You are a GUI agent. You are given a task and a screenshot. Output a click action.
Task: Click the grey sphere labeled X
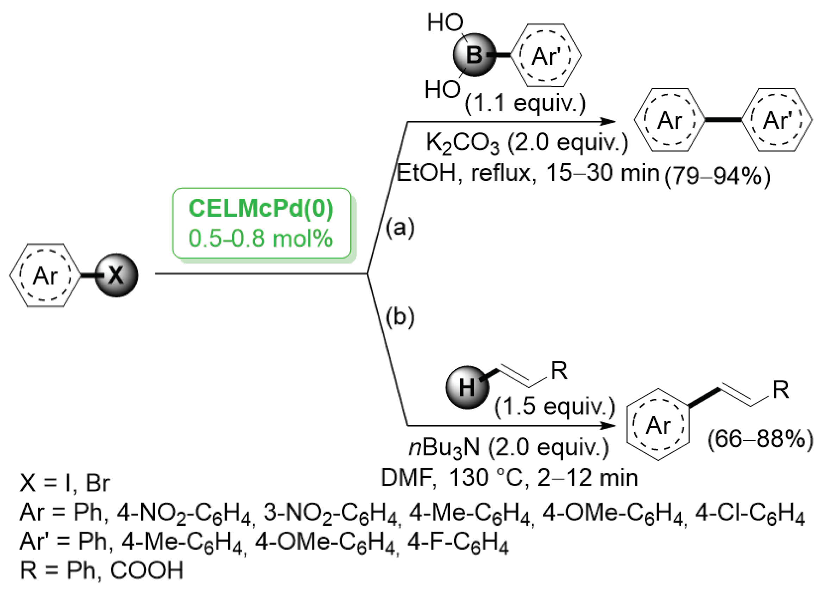click(117, 275)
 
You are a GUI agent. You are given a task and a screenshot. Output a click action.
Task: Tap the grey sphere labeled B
click(474, 55)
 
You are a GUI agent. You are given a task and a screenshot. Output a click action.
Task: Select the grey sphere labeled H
click(467, 388)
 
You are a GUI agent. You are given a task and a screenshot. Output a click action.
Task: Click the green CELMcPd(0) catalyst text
click(261, 209)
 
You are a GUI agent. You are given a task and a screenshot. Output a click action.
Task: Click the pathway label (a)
click(400, 227)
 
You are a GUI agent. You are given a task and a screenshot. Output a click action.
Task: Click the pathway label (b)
click(400, 317)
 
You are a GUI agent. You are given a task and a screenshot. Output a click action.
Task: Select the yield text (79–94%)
click(717, 177)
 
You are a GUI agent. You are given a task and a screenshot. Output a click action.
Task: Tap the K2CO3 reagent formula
click(463, 143)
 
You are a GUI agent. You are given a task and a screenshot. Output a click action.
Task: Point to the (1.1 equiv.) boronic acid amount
click(525, 103)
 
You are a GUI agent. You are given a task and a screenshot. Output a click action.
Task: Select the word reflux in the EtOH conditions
click(500, 173)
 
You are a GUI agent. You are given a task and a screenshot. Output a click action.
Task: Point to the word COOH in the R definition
click(146, 571)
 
